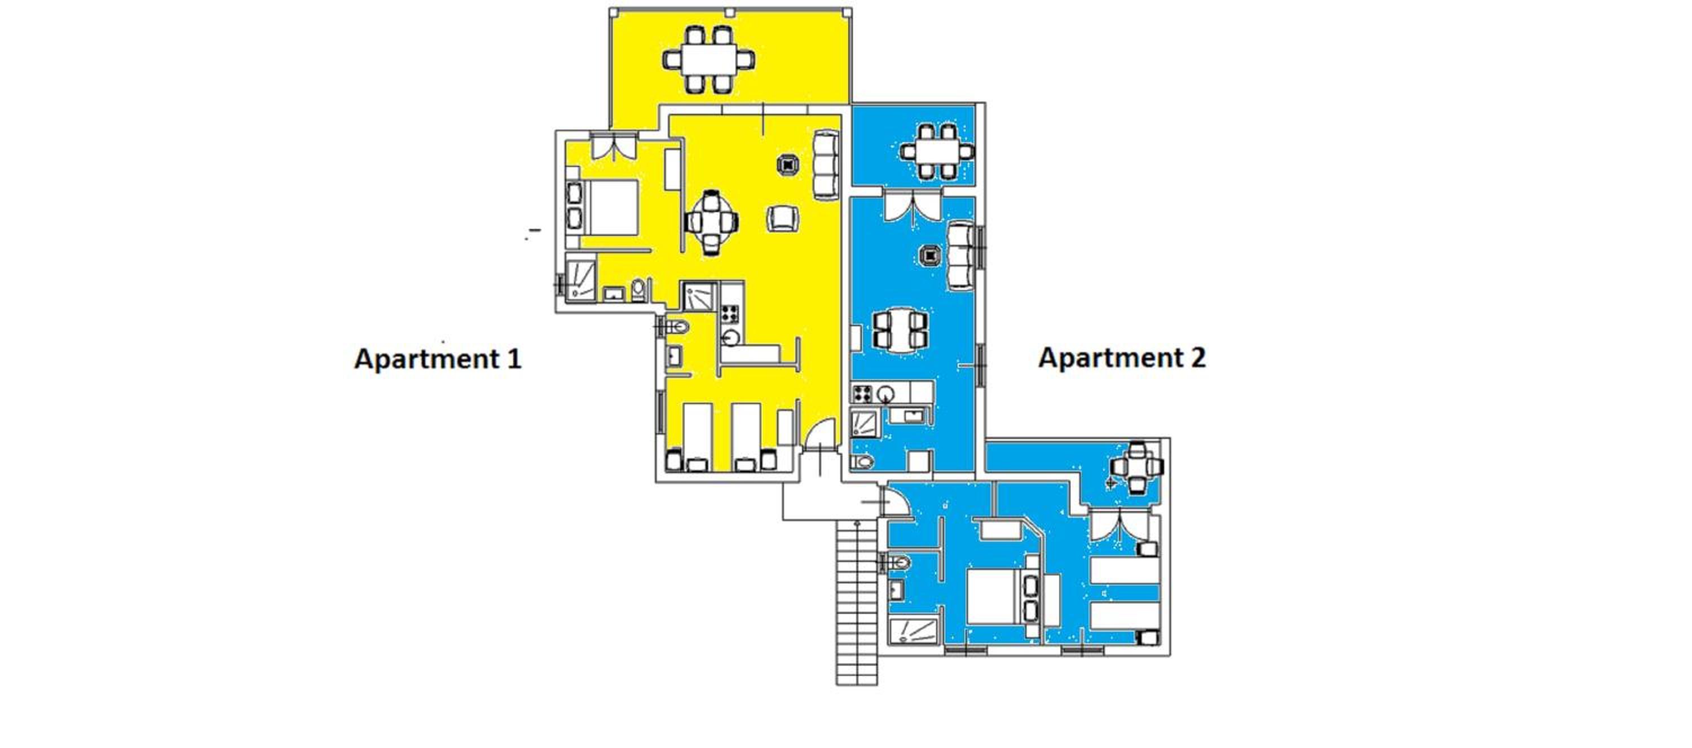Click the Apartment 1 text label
tap(438, 359)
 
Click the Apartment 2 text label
tap(1122, 358)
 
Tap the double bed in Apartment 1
tap(602, 208)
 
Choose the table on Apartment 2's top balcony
tap(937, 152)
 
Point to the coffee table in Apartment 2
tap(931, 255)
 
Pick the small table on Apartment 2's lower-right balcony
tap(1137, 468)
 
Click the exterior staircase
tap(857, 602)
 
